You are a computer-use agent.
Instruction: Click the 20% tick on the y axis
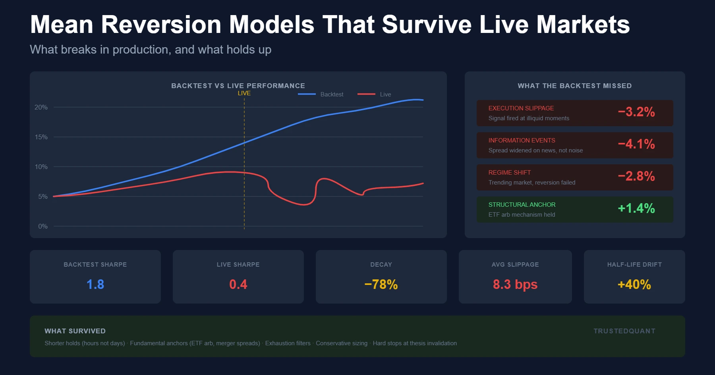(x=41, y=107)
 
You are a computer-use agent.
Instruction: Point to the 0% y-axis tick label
(x=43, y=226)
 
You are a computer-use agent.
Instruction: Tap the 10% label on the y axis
(x=41, y=167)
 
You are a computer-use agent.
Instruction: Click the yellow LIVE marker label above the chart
(x=244, y=93)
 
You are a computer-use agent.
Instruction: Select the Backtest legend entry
(x=321, y=94)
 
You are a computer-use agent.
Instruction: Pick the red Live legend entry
(x=374, y=94)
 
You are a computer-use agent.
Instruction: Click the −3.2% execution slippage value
(x=636, y=112)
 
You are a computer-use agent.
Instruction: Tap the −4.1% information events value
(x=636, y=144)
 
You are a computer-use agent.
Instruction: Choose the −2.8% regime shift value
(x=636, y=176)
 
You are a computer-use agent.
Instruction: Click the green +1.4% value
(x=636, y=208)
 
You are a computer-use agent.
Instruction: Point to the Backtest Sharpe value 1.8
(x=95, y=285)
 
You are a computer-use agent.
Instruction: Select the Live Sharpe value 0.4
(x=238, y=285)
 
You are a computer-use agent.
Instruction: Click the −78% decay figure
(x=381, y=285)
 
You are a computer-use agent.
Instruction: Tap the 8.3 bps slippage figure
(x=515, y=285)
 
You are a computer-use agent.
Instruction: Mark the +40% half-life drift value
(x=634, y=285)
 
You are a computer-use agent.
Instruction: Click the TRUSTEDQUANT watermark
(x=624, y=331)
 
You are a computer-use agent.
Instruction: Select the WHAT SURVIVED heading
(x=75, y=331)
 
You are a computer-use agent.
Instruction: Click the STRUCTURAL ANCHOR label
(x=522, y=205)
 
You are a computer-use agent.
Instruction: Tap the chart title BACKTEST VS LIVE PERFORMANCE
(x=238, y=86)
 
